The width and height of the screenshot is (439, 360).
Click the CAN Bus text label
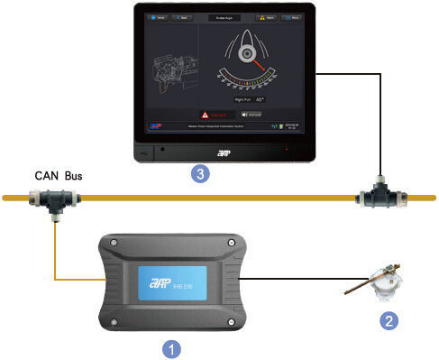click(59, 175)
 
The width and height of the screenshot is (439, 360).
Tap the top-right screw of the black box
click(232, 243)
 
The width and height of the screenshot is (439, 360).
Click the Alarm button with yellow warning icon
click(268, 17)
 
